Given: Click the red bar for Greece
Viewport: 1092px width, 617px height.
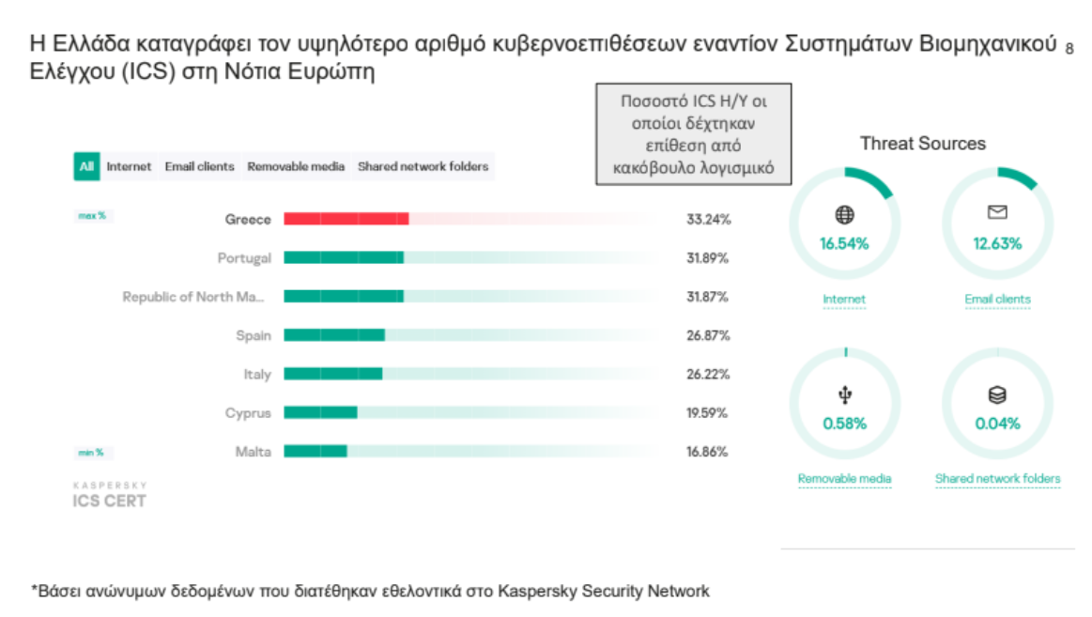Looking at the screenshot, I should (346, 219).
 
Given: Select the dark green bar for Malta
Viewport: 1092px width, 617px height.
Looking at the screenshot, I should (315, 452).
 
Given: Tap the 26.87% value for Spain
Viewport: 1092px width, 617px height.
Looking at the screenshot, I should (708, 335).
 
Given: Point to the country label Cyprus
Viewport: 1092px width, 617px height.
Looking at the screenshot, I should (248, 413).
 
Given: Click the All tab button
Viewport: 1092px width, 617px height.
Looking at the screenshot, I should (86, 167).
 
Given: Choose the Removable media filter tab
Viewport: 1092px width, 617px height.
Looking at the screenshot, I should (296, 167).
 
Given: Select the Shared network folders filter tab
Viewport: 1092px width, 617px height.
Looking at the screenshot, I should (423, 167).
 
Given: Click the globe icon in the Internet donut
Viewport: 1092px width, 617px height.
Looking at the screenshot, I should (844, 215).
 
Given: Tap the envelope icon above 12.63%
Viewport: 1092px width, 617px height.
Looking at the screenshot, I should (997, 214).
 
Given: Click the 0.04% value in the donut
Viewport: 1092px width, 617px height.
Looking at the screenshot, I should (997, 424).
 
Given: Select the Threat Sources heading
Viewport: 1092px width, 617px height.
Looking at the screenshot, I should (922, 144).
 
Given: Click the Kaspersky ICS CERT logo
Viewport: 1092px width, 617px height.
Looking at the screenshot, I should (109, 496).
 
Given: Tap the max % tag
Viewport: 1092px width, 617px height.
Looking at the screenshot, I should (92, 216).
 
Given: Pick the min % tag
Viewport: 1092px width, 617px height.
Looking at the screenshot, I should (91, 453).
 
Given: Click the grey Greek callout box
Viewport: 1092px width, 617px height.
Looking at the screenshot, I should (694, 134).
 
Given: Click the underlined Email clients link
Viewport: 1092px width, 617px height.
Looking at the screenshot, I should (997, 300).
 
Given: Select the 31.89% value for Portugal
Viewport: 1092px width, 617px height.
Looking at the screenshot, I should (708, 258).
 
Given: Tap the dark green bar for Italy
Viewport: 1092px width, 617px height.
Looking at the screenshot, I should (332, 374).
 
